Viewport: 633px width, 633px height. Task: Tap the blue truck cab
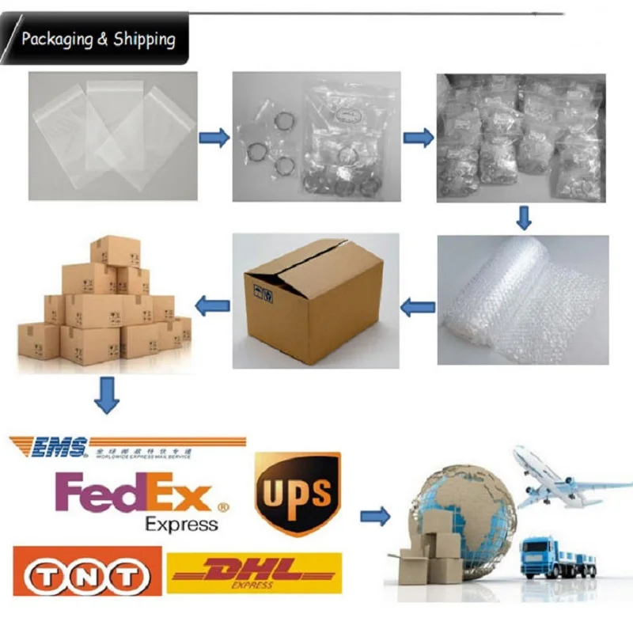pyautogui.click(x=540, y=554)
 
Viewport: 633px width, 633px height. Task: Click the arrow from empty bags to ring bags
pyautogui.click(x=214, y=138)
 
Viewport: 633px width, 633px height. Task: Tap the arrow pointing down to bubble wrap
pyautogui.click(x=523, y=216)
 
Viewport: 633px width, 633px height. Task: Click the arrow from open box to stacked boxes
pyautogui.click(x=212, y=303)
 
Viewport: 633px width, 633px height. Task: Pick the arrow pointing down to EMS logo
pyautogui.click(x=107, y=395)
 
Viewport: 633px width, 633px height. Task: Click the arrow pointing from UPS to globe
pyautogui.click(x=375, y=517)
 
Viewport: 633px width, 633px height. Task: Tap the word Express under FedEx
pyautogui.click(x=181, y=524)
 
